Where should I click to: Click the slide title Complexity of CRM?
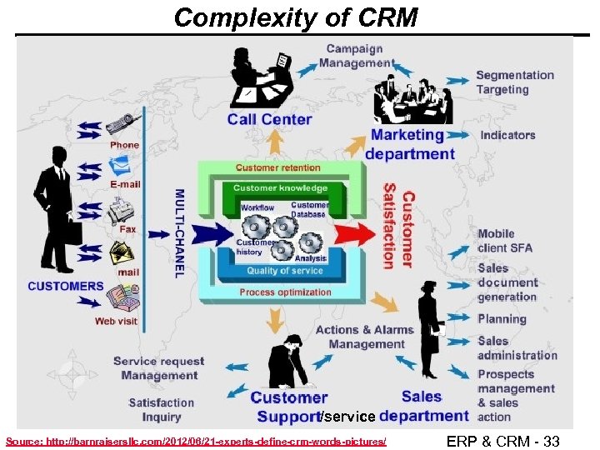296,17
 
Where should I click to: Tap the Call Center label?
269,119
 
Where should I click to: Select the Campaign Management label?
356,56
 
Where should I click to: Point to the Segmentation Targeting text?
514,82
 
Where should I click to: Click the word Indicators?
507,135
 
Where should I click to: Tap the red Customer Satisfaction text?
399,230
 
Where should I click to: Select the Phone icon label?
125,145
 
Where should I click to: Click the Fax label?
127,227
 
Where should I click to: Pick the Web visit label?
116,321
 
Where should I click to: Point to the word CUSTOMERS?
66,287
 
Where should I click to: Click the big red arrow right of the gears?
355,232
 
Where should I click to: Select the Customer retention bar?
277,168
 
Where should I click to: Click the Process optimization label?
285,292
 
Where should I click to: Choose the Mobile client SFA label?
504,241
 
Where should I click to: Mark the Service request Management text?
158,368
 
